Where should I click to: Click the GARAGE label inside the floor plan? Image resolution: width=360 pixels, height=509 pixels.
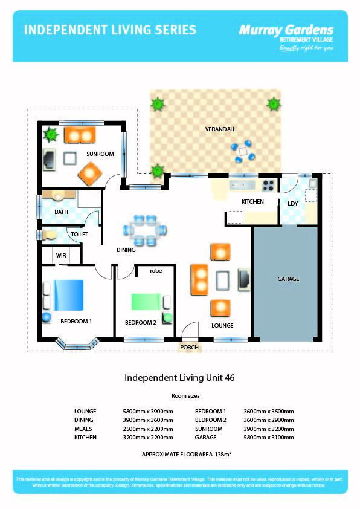click(x=288, y=279)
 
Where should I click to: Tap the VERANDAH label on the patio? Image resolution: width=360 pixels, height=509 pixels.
click(x=219, y=129)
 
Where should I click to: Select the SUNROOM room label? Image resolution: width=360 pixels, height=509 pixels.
click(x=100, y=154)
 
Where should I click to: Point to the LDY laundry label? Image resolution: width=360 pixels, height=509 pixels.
click(x=292, y=202)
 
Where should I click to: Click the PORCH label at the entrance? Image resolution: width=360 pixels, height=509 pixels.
click(x=189, y=348)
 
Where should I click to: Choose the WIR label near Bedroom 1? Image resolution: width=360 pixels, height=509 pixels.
click(x=61, y=256)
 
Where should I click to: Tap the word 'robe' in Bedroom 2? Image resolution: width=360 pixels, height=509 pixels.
click(x=156, y=271)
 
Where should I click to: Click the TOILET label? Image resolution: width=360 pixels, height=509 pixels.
click(x=80, y=234)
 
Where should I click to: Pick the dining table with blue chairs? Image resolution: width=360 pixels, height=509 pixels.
click(x=144, y=230)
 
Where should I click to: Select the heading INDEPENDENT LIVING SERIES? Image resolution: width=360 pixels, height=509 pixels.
click(x=109, y=30)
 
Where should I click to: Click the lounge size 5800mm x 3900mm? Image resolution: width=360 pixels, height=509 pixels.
click(x=147, y=411)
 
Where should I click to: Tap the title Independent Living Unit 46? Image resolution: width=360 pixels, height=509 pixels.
click(x=179, y=377)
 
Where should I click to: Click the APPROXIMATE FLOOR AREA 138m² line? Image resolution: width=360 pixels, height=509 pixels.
click(x=179, y=453)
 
